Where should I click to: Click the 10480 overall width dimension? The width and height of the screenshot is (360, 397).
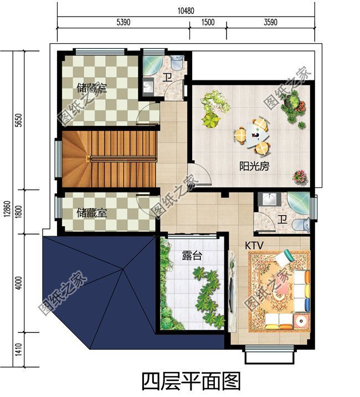(x=186, y=11)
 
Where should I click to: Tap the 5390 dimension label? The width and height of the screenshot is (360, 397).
(x=124, y=22)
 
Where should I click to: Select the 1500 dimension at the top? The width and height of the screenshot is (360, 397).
(x=208, y=22)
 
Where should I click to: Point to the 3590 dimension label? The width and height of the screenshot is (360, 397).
(x=270, y=22)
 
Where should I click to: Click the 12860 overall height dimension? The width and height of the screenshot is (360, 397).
(x=7, y=209)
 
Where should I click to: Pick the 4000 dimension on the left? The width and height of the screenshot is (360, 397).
(x=19, y=283)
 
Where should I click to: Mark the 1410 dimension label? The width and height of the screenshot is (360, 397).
(x=19, y=350)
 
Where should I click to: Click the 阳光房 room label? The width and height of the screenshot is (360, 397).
(x=254, y=166)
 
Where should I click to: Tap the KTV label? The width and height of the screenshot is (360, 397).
(x=254, y=245)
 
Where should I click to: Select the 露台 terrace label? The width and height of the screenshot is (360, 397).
(x=192, y=256)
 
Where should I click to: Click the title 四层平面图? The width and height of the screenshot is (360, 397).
(x=191, y=382)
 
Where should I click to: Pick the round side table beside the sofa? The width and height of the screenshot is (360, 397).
(x=301, y=322)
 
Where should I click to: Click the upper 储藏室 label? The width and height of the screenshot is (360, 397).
(x=91, y=88)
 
